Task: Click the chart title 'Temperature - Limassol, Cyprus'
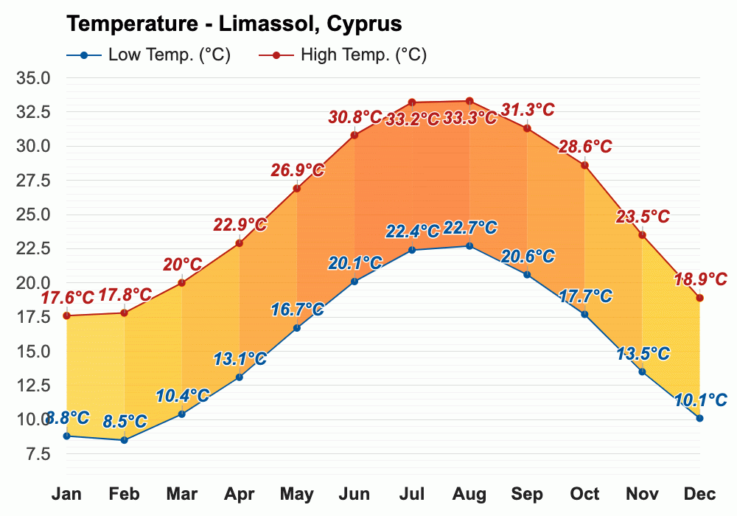[234, 24]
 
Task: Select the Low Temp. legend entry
[148, 55]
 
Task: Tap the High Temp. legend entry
[343, 55]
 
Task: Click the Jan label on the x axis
[66, 494]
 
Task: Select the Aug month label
[469, 494]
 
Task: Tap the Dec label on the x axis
[699, 494]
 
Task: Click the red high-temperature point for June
[354, 135]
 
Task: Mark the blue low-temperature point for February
[125, 440]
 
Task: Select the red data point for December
[699, 298]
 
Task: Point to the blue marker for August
[469, 245]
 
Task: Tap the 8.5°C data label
[125, 422]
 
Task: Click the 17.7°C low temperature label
[585, 296]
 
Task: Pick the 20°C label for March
[182, 264]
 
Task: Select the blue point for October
[584, 314]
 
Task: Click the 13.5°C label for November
[642, 353]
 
